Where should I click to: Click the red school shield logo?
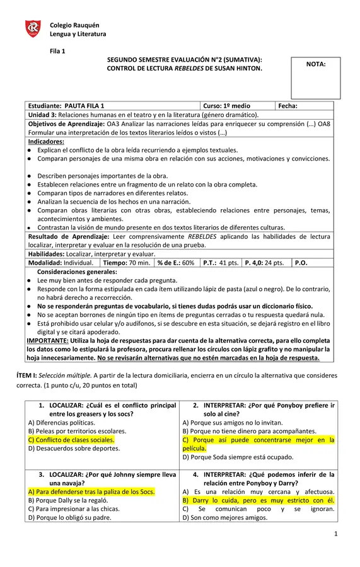33,28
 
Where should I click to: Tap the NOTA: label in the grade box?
315,64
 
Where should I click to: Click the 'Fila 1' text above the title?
58,50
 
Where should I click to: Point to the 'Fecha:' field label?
287,106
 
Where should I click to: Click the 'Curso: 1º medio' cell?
226,106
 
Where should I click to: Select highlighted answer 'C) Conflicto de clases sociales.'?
71,440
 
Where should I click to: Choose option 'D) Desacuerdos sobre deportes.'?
74,449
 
